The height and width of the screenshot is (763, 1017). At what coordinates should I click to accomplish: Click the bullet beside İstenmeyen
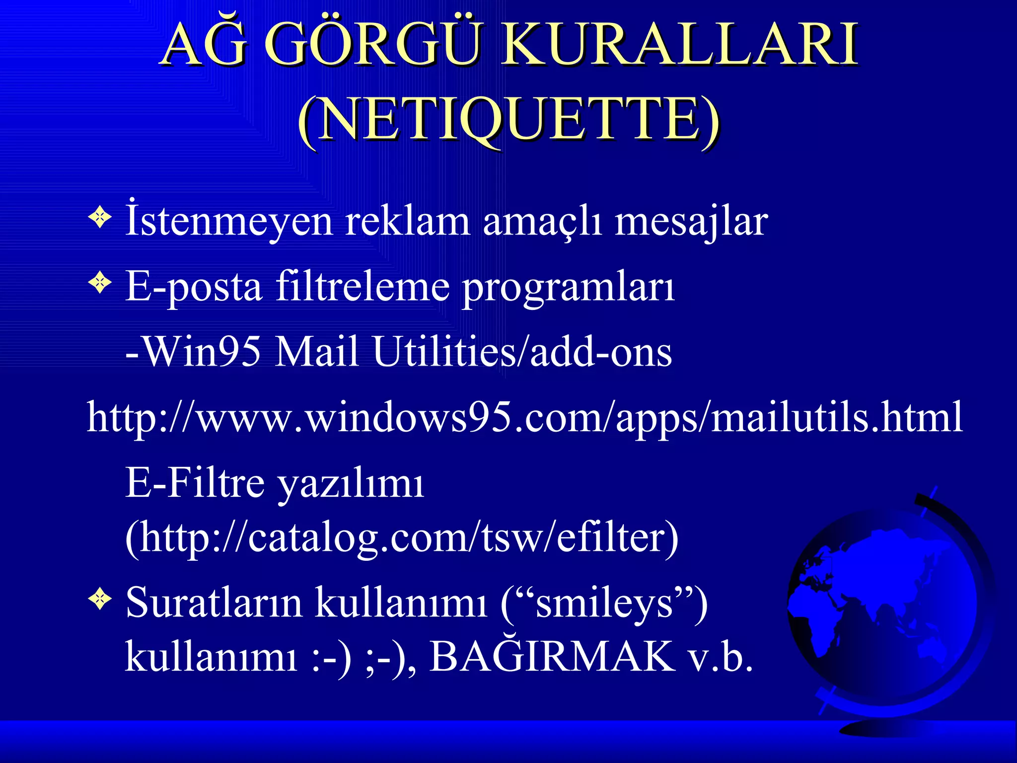click(x=100, y=218)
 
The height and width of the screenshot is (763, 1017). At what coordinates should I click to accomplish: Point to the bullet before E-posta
click(x=100, y=283)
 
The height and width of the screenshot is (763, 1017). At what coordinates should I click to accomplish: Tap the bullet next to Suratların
click(x=100, y=600)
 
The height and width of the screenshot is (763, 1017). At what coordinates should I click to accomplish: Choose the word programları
click(x=568, y=288)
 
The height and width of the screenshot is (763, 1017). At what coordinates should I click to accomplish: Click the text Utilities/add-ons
click(x=522, y=352)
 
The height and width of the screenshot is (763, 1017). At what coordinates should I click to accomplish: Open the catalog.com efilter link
click(x=402, y=537)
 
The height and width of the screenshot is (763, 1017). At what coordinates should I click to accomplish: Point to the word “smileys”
click(x=604, y=603)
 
